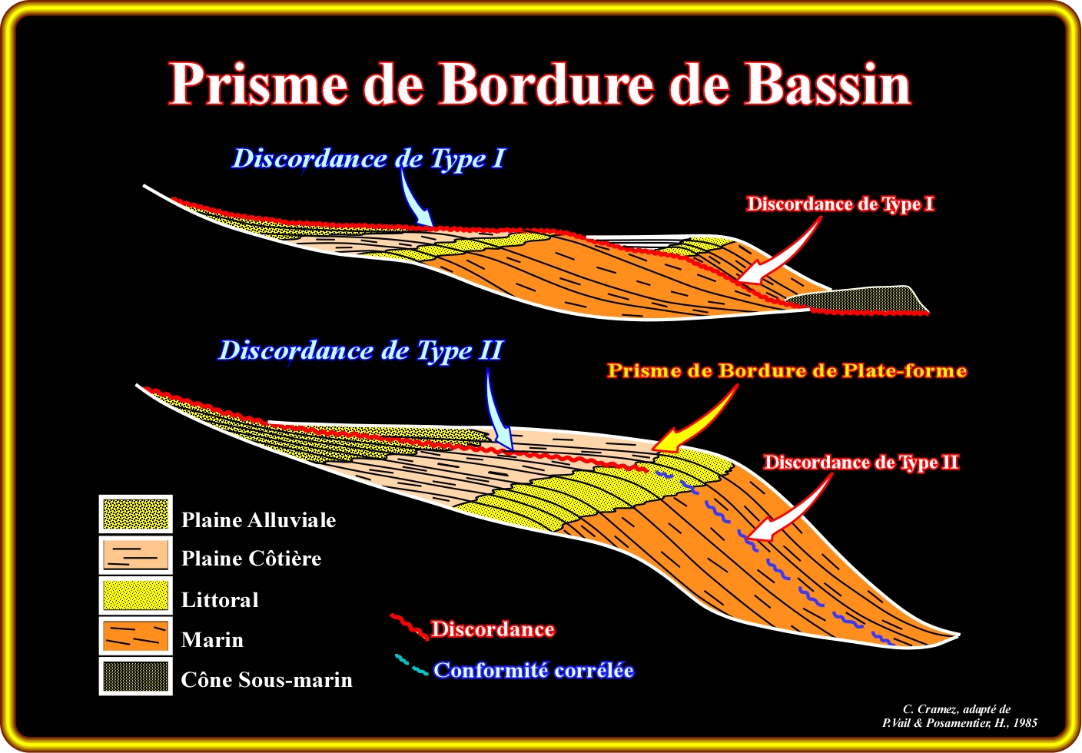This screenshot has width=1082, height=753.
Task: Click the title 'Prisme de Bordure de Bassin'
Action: click(539, 83)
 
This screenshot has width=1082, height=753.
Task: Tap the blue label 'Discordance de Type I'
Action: click(368, 158)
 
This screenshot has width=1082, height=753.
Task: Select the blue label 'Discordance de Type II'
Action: click(360, 350)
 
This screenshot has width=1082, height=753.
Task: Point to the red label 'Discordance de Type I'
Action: click(840, 204)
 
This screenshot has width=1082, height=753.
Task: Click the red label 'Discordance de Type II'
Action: click(861, 463)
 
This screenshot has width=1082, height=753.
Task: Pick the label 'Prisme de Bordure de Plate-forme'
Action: click(786, 371)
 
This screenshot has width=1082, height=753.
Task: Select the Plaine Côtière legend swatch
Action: click(135, 555)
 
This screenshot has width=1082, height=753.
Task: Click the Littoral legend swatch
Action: click(135, 595)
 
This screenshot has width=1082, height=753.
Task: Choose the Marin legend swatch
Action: click(135, 636)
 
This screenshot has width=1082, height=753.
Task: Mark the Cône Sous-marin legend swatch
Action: click(135, 677)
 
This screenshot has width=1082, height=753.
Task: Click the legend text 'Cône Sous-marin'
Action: click(267, 680)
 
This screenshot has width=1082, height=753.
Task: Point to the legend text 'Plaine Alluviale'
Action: click(258, 520)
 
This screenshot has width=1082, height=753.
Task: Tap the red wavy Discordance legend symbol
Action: click(408, 626)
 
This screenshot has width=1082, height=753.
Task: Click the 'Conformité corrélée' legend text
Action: click(533, 670)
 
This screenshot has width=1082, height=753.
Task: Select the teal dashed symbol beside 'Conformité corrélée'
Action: click(411, 665)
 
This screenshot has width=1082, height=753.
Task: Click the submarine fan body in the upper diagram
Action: click(861, 300)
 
